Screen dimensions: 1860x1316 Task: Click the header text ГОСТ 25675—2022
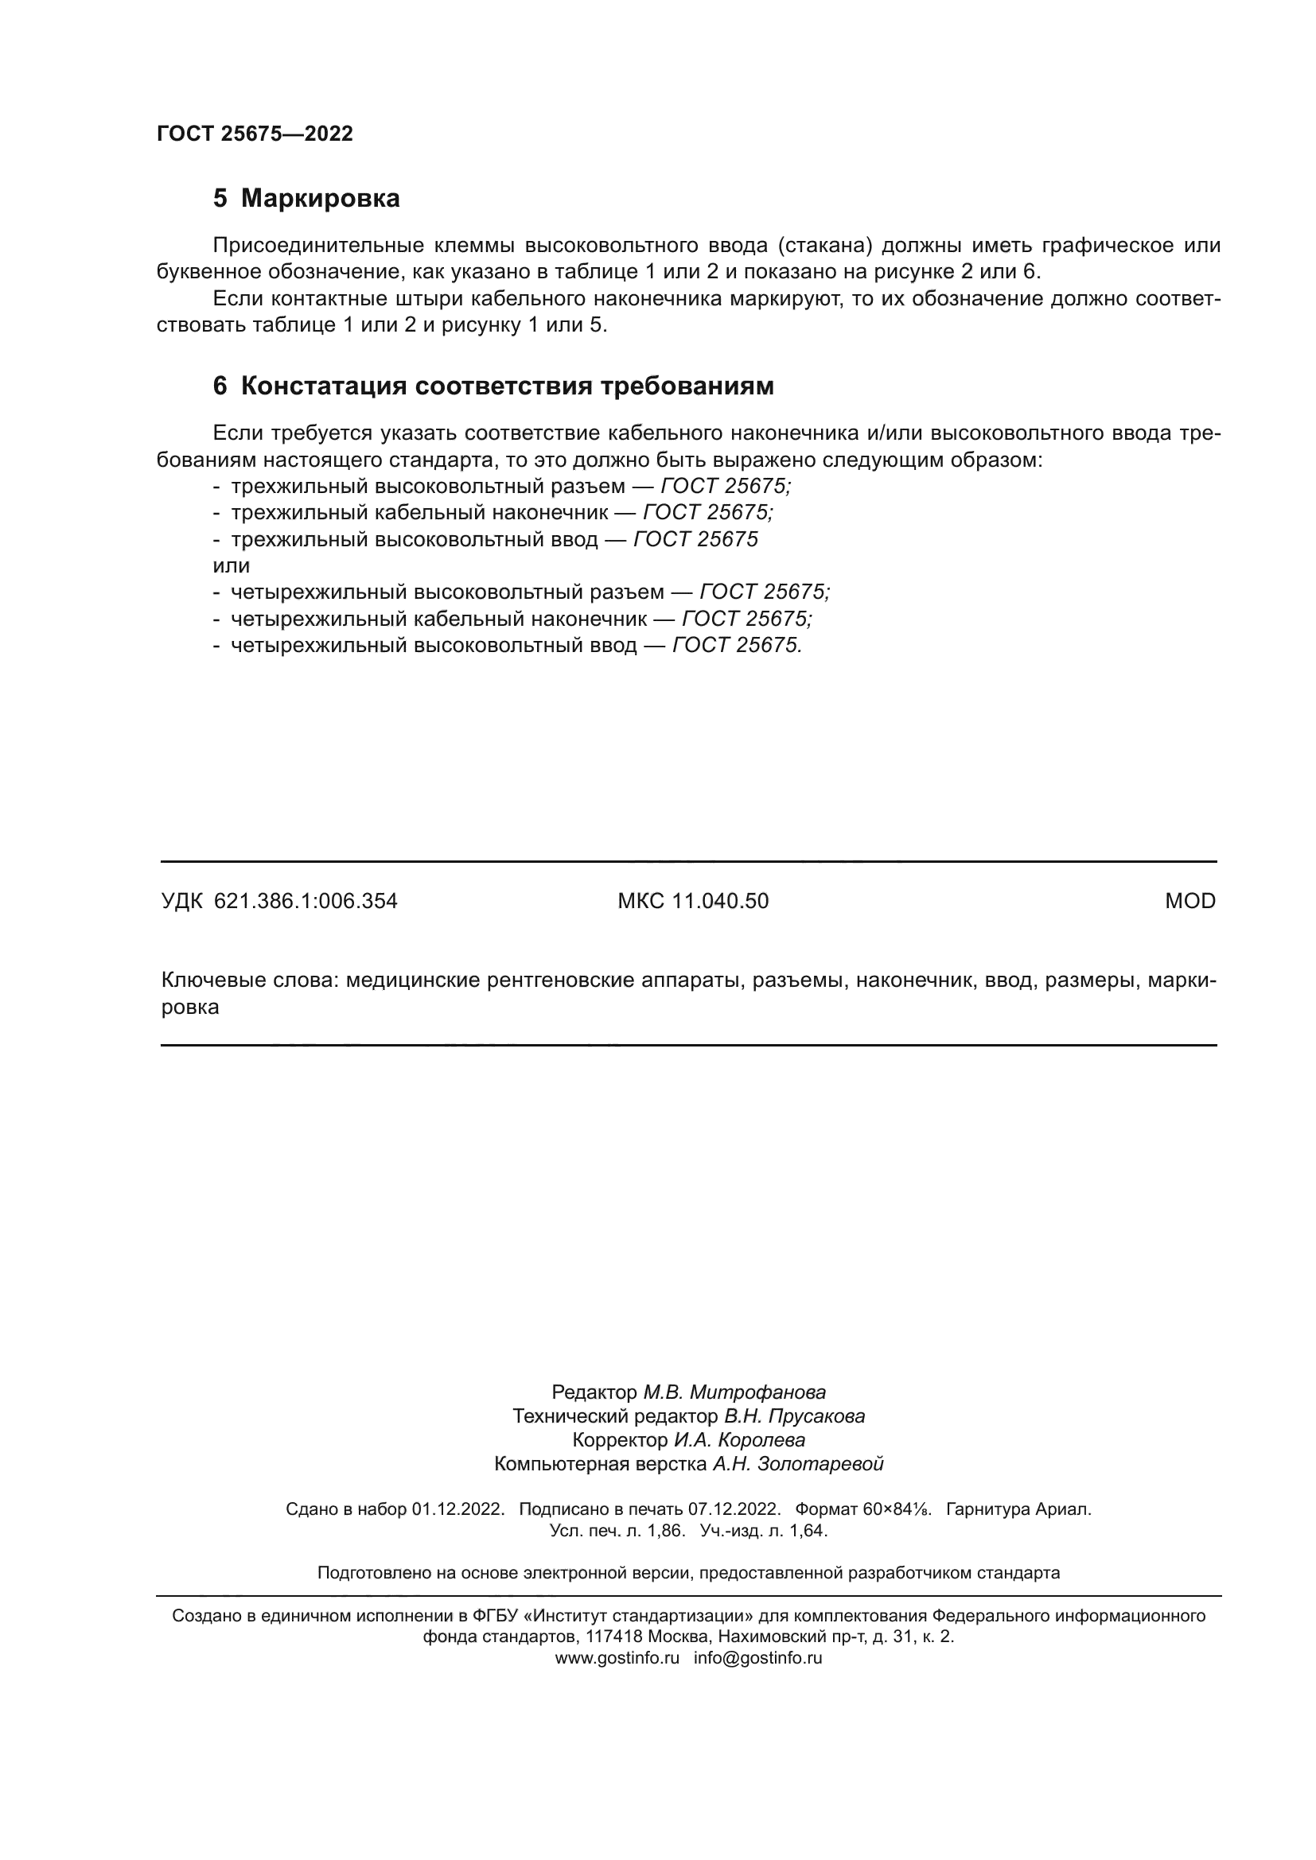coord(255,134)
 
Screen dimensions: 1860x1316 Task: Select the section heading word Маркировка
coord(320,199)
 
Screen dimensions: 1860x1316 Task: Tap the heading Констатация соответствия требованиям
coord(508,386)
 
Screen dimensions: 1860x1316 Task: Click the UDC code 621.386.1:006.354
coord(306,901)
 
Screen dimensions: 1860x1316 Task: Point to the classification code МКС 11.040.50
coord(693,901)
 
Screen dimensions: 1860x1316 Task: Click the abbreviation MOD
coord(1189,901)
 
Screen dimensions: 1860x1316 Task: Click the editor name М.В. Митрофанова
coord(734,1392)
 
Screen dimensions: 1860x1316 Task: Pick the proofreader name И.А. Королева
coord(740,1439)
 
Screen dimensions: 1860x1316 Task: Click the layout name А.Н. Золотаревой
coord(797,1464)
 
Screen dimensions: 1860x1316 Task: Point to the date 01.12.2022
coord(457,1509)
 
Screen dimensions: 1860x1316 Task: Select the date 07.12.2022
coord(734,1509)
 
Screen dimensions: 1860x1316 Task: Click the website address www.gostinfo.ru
coord(617,1657)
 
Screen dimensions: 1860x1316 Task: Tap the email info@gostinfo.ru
coord(757,1657)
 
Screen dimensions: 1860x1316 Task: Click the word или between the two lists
coord(231,565)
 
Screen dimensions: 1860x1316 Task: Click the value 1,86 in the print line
coord(666,1530)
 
